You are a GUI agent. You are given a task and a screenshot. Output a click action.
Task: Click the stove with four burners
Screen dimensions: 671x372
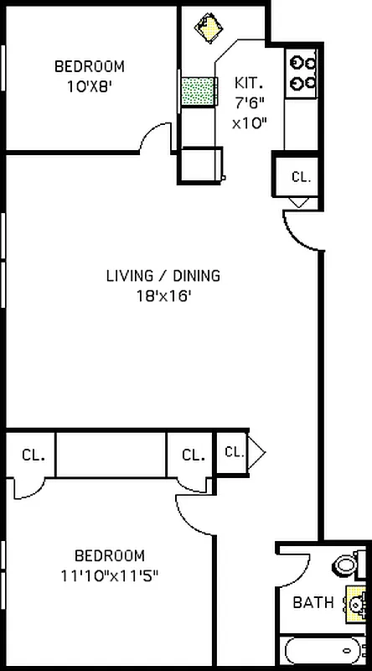(302, 72)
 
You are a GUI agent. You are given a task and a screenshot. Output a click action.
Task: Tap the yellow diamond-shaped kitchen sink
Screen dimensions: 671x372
(207, 26)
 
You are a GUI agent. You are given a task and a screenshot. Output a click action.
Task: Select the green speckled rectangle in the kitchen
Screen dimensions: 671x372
(197, 91)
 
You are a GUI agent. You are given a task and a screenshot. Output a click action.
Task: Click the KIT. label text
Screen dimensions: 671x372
(249, 83)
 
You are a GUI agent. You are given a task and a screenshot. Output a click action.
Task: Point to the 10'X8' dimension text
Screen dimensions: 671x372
(89, 85)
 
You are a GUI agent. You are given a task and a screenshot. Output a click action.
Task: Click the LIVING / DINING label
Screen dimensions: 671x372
(163, 275)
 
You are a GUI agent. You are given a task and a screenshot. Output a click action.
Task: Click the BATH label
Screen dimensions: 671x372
(313, 602)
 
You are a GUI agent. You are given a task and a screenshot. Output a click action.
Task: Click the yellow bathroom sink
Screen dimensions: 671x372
(356, 603)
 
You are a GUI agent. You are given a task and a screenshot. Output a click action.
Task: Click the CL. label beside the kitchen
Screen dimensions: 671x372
(300, 177)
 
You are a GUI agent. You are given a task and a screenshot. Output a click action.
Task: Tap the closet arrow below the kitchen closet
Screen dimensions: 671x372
(300, 202)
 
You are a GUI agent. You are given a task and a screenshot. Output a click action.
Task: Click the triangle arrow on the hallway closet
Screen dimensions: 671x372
(257, 453)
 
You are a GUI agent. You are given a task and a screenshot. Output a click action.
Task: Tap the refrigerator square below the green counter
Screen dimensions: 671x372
(202, 164)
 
